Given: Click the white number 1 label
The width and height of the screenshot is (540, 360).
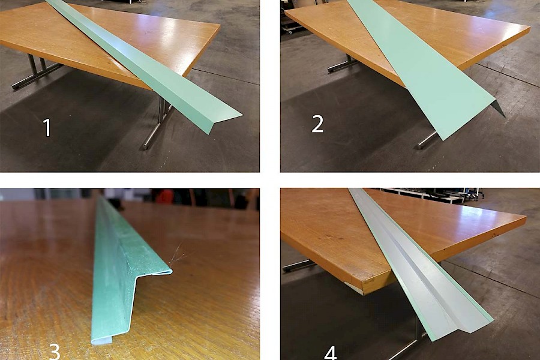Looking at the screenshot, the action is [x=47, y=127].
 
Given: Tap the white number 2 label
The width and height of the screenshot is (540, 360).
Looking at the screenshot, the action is [x=317, y=124].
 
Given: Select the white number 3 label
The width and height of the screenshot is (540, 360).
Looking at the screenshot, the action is [x=55, y=352].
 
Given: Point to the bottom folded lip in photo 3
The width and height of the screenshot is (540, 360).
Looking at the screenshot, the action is [x=102, y=340].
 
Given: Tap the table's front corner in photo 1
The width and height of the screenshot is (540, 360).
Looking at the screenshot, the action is [x=151, y=89].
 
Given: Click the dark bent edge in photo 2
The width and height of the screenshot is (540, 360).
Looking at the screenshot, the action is [x=499, y=109].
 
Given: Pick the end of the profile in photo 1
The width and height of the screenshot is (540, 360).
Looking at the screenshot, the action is [x=224, y=124].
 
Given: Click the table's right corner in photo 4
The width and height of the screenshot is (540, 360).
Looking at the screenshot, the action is [x=525, y=218].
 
